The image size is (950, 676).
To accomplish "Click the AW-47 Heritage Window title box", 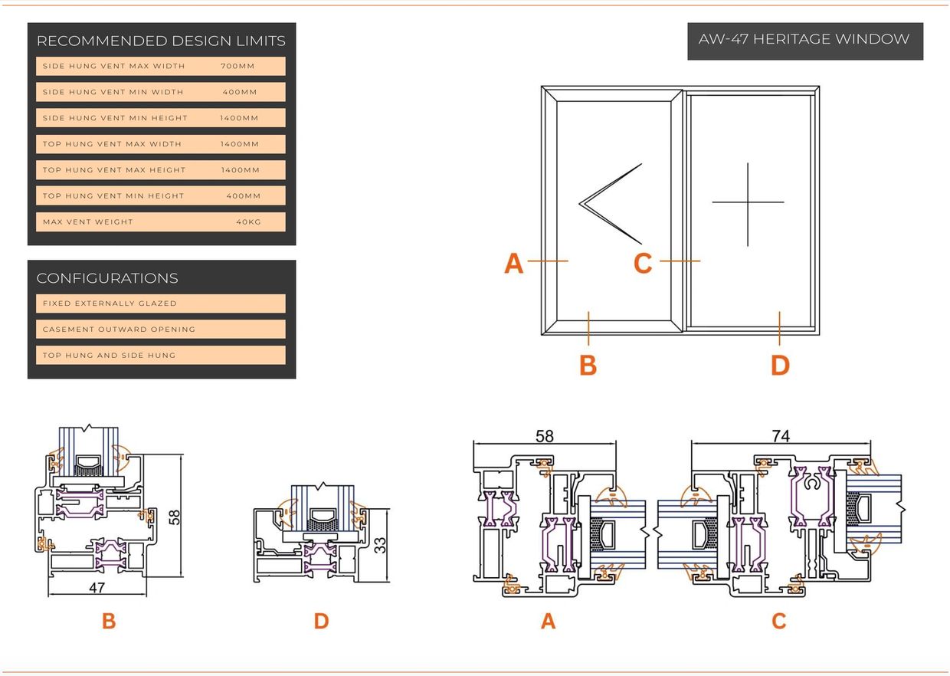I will pyautogui.click(x=804, y=40).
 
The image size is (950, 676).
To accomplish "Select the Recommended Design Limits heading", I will pyautogui.click(x=161, y=41).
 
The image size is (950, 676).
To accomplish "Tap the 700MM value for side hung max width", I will pyautogui.click(x=237, y=66).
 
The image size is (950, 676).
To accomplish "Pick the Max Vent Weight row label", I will pyautogui.click(x=88, y=222).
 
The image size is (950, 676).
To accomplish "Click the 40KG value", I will pyautogui.click(x=248, y=222).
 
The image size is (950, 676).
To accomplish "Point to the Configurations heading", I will pyautogui.click(x=107, y=278).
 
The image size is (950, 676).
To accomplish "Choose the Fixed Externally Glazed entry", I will pyautogui.click(x=110, y=304).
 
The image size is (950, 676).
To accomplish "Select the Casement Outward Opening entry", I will pyautogui.click(x=119, y=330).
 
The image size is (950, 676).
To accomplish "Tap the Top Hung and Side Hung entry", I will pyautogui.click(x=109, y=356).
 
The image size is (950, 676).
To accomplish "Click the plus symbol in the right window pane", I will pyautogui.click(x=748, y=203).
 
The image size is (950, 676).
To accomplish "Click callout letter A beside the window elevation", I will pyautogui.click(x=513, y=264).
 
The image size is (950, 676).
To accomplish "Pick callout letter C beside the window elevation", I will pyautogui.click(x=643, y=264).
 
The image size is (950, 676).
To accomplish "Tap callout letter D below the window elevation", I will pyautogui.click(x=780, y=366).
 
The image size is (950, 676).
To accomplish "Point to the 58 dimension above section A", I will pyautogui.click(x=544, y=436).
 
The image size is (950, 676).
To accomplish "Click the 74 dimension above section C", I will pyautogui.click(x=780, y=436).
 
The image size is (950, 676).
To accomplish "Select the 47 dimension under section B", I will pyautogui.click(x=97, y=588).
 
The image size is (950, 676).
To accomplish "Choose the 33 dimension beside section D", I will pyautogui.click(x=380, y=545).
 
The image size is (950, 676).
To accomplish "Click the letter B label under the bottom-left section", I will pyautogui.click(x=109, y=621).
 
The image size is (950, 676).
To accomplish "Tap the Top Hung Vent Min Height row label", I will pyautogui.click(x=113, y=196).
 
